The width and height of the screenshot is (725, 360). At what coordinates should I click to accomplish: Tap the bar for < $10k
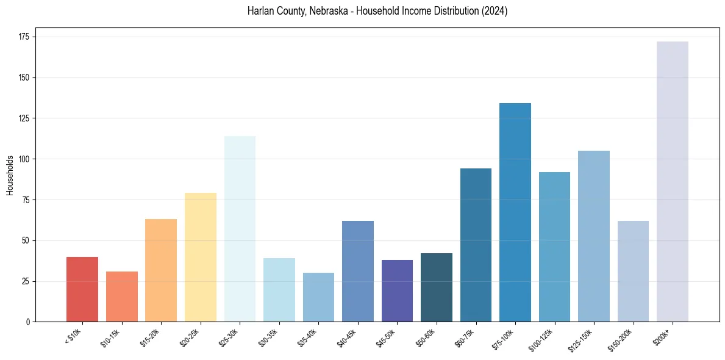pyautogui.click(x=82, y=289)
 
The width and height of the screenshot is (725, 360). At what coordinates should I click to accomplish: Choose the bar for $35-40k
pyautogui.click(x=318, y=297)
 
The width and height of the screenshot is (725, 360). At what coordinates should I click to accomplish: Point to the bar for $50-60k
pyautogui.click(x=437, y=287)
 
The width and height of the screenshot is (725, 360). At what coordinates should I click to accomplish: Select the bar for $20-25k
pyautogui.click(x=201, y=257)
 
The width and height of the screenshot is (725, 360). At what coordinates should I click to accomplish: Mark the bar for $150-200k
pyautogui.click(x=633, y=271)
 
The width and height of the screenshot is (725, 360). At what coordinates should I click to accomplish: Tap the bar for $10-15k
pyautogui.click(x=121, y=297)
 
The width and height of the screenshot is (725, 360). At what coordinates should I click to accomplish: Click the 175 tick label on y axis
pyautogui.click(x=25, y=37)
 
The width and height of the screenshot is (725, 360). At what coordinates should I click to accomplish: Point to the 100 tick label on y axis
pyautogui.click(x=25, y=159)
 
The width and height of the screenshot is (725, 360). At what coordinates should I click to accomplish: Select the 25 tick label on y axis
pyautogui.click(x=27, y=281)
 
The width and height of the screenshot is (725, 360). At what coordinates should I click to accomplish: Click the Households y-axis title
pyautogui.click(x=10, y=175)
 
